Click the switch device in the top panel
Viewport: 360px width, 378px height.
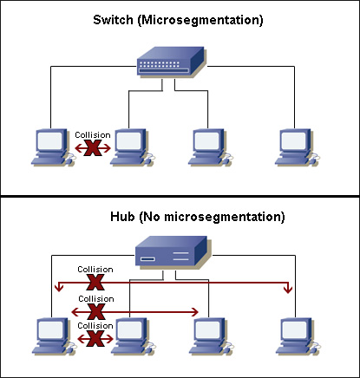click(172, 63)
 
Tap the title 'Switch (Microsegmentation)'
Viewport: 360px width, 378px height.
click(180, 18)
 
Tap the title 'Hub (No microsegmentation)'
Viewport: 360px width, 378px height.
click(180, 215)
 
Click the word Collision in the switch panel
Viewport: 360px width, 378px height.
click(92, 135)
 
